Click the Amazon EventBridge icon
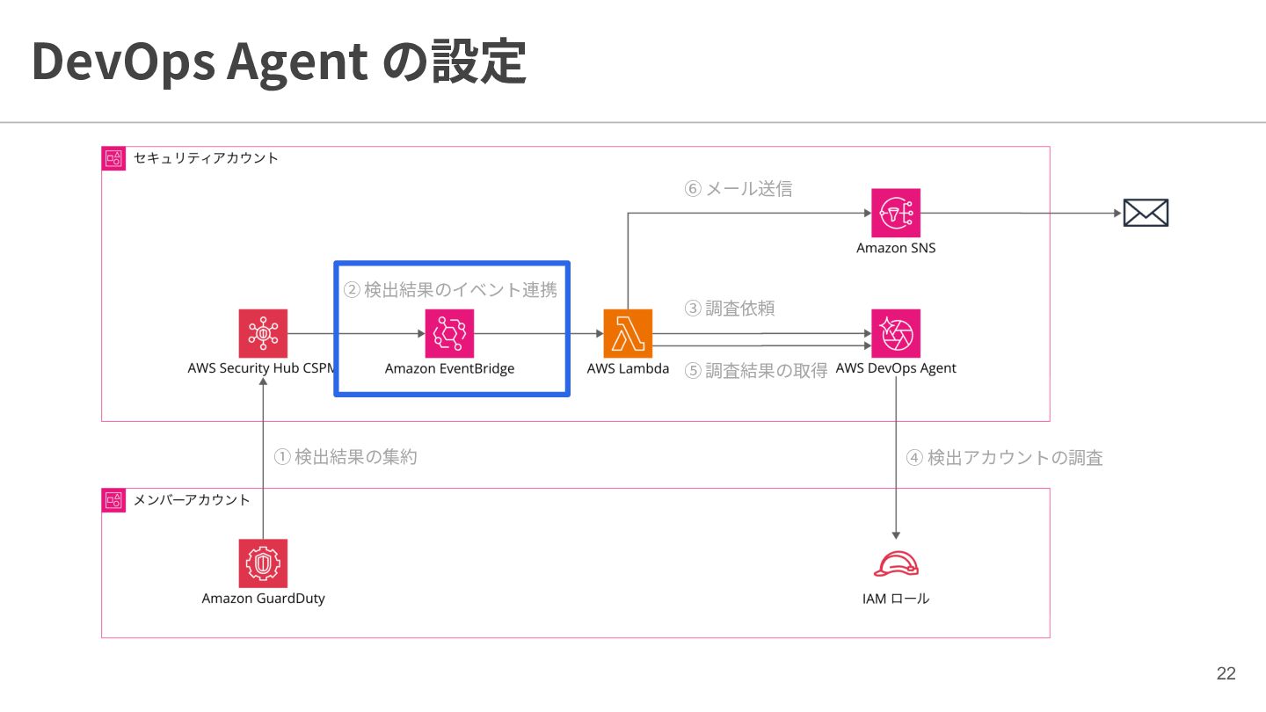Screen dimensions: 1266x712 449,333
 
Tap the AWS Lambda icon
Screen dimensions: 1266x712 628,333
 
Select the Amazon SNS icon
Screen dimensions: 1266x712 896,213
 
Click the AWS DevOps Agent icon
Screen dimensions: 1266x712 896,333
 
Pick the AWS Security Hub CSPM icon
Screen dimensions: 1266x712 263,333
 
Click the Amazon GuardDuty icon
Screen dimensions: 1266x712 263,563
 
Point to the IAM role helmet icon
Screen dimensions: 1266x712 896,564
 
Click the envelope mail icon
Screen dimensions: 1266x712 1146,213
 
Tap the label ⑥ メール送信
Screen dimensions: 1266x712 738,189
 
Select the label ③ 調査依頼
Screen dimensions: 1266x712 729,309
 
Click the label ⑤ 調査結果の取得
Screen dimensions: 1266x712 756,371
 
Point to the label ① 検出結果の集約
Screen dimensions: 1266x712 346,456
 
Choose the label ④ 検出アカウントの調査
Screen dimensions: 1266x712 1004,458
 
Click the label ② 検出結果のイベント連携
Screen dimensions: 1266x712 450,290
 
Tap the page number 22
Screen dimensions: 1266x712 1226,673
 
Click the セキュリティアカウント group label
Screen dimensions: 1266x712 206,158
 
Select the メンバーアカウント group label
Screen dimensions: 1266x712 192,500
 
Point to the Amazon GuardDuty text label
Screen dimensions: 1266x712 264,599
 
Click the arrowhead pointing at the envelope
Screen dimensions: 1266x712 1117,213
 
